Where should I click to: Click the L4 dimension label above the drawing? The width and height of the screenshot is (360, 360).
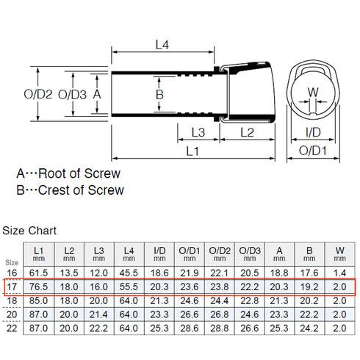(162, 45)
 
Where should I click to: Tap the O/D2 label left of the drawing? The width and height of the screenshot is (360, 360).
(38, 94)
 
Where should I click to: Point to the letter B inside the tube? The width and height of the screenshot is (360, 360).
(159, 95)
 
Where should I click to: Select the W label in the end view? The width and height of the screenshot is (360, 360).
(313, 93)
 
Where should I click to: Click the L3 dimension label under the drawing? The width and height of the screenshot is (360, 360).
(198, 132)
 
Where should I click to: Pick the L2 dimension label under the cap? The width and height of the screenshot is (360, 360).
(247, 132)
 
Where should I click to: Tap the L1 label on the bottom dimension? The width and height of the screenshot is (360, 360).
(192, 151)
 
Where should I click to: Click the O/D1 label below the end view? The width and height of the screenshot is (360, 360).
(313, 151)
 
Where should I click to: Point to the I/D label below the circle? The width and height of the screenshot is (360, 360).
(313, 132)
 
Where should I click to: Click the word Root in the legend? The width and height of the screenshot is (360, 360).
(53, 173)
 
